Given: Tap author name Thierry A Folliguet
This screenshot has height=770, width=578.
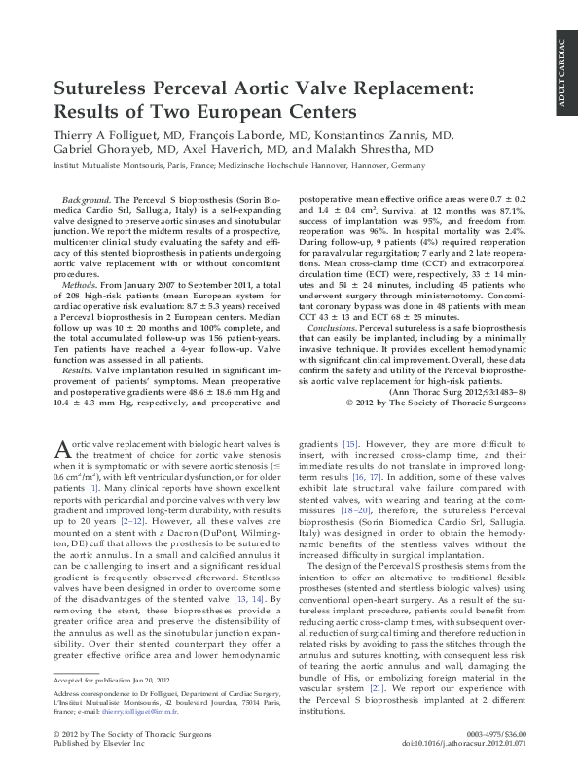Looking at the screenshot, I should [101, 135].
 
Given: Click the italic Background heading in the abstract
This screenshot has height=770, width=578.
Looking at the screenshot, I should [85, 196].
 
